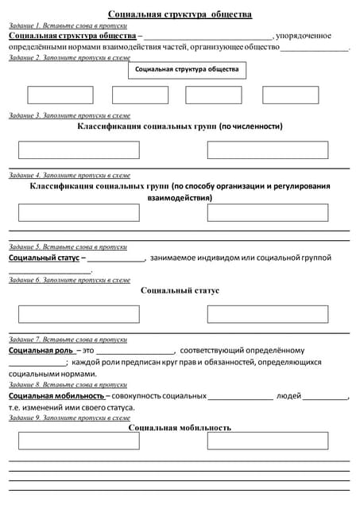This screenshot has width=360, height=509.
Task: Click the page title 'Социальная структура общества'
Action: [x=180, y=14]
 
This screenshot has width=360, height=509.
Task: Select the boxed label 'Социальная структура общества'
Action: [x=187, y=70]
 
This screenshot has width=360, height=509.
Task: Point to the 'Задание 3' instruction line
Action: [x=69, y=115]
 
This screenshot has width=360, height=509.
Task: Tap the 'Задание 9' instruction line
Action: [x=69, y=418]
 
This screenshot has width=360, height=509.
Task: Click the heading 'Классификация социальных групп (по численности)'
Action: [x=180, y=126]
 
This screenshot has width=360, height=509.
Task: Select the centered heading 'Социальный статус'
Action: [x=180, y=291]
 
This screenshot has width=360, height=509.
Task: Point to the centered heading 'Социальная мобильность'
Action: [x=180, y=428]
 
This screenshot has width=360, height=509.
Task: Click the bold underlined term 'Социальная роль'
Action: [x=41, y=350]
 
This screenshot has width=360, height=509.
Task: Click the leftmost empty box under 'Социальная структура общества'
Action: [x=60, y=95]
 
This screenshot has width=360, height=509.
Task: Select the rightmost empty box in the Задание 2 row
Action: [x=290, y=95]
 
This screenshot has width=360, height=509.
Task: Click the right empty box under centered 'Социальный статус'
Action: [x=268, y=314]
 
